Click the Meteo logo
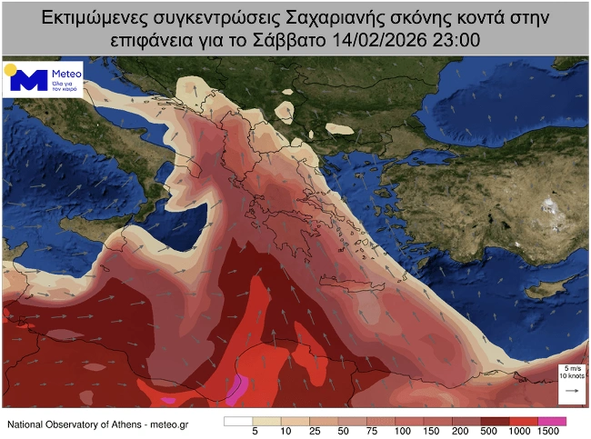pos(45,80)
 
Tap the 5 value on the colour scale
pos(254,431)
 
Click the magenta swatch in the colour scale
pos(552,420)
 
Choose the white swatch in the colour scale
pos(238,420)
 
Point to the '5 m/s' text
pos(573,366)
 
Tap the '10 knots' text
pos(573,374)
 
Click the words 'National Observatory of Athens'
pos(74,424)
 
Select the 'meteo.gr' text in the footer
pos(170,424)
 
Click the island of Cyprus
pos(540,288)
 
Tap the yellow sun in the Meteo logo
pos(10,69)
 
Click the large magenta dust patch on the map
pos(236,389)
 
